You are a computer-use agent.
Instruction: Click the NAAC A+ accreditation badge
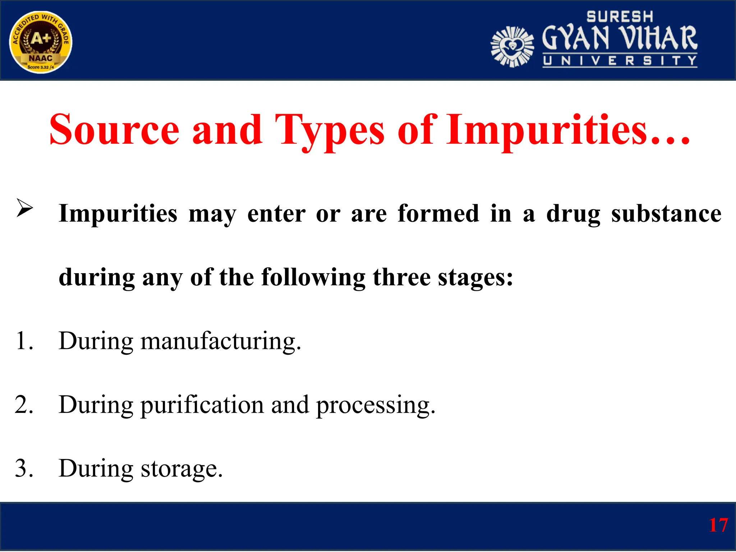(x=41, y=42)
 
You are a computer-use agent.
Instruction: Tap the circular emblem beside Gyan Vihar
(x=512, y=47)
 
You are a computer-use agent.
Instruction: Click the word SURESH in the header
(x=620, y=17)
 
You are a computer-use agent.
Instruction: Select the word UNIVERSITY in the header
(x=620, y=61)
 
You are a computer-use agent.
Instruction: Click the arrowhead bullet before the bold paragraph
(x=24, y=208)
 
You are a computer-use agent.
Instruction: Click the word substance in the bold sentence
(x=666, y=213)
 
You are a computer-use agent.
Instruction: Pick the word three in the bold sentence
(x=401, y=277)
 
